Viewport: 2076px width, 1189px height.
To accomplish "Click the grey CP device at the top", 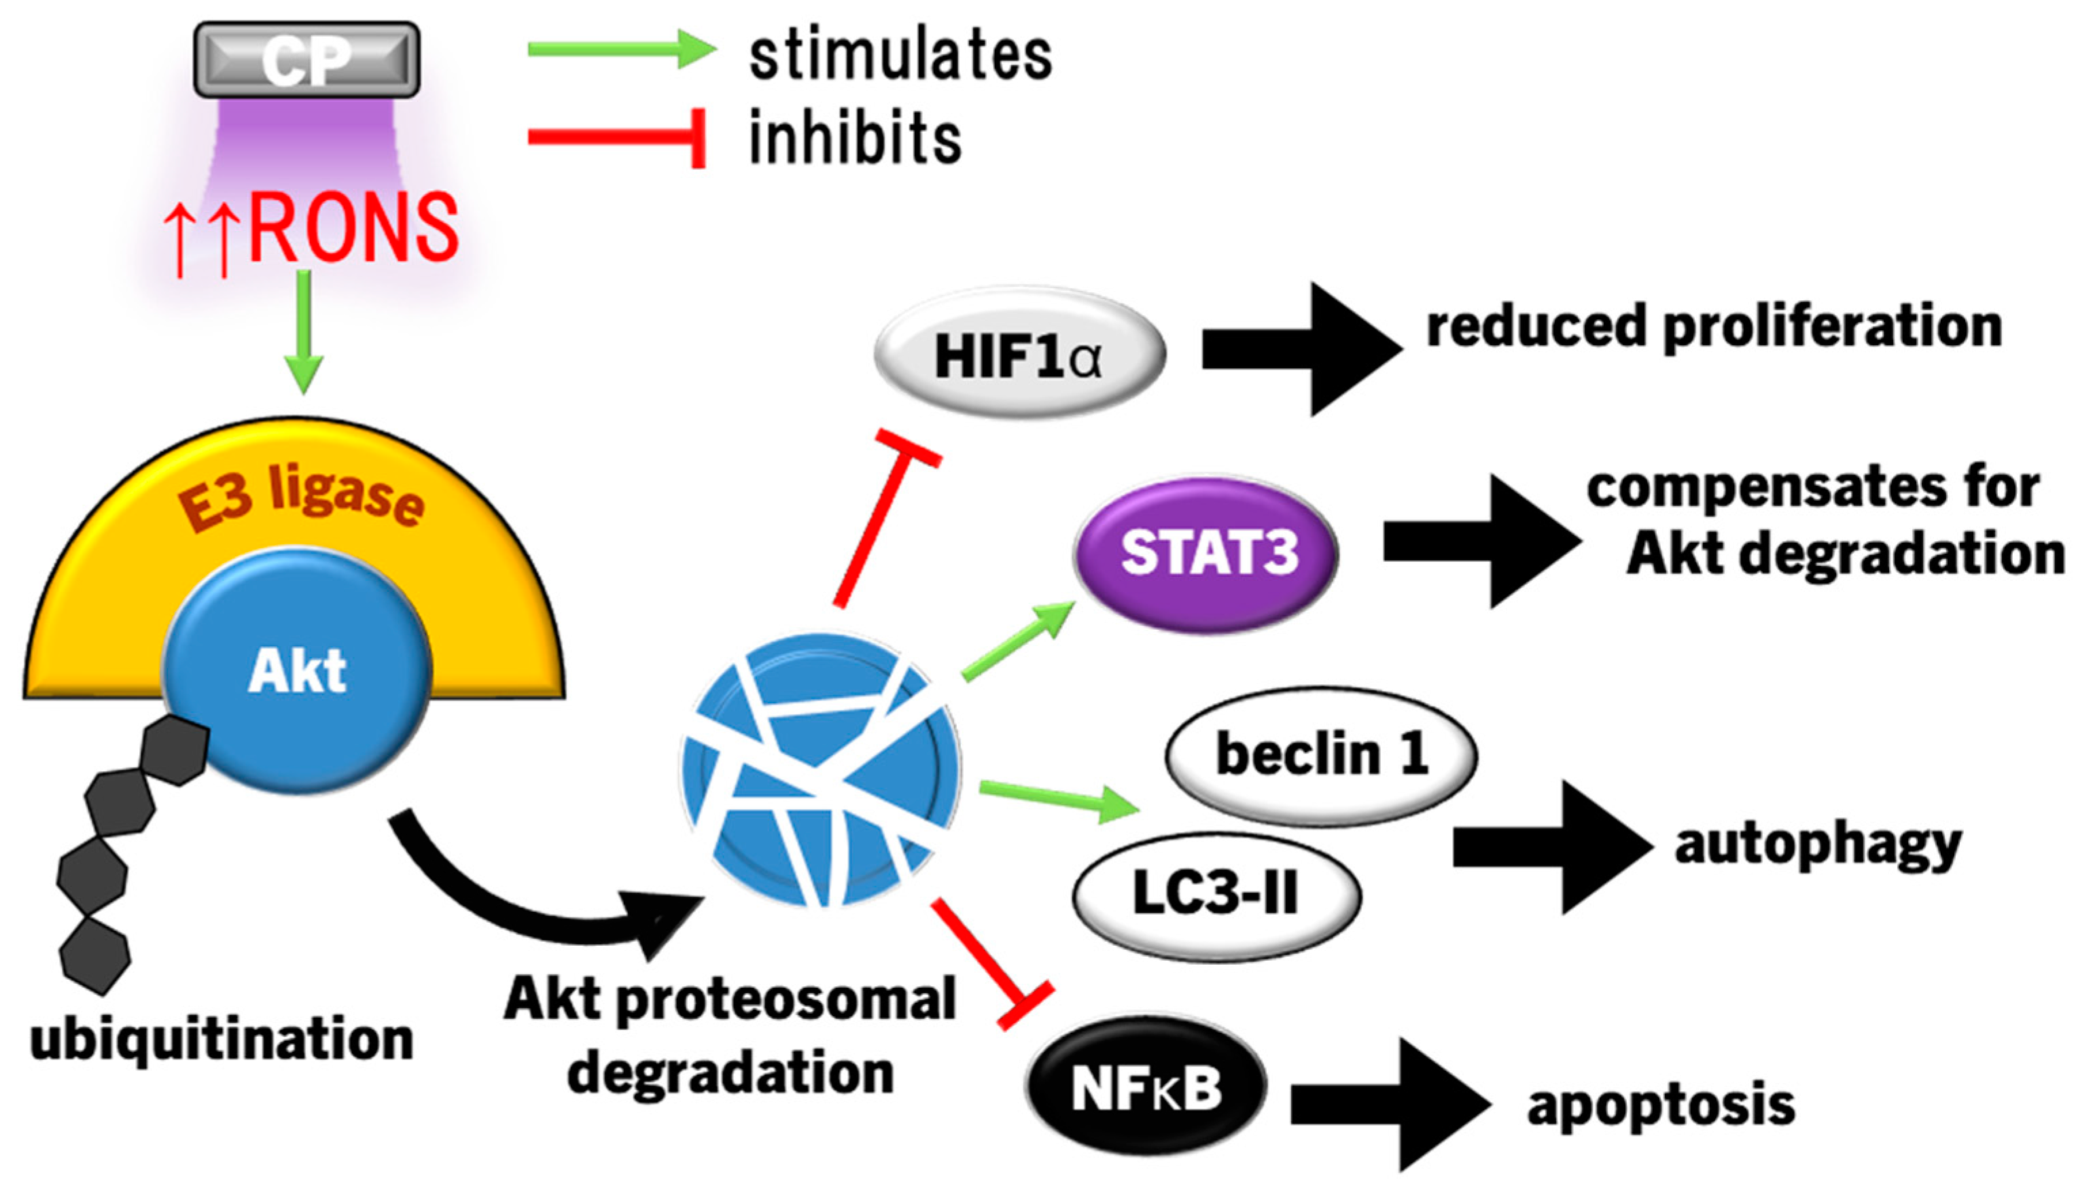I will pyautogui.click(x=306, y=60).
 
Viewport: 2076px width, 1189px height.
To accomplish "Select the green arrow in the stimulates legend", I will pyautogui.click(x=620, y=49).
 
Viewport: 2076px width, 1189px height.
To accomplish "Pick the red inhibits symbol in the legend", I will pyautogui.click(x=616, y=137).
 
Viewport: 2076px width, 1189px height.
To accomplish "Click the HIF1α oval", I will pyautogui.click(x=1019, y=353).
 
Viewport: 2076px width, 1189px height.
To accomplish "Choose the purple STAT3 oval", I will pyautogui.click(x=1206, y=554).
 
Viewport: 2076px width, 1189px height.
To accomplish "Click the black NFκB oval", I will pyautogui.click(x=1146, y=1087).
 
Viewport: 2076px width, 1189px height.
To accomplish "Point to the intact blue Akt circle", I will pyautogui.click(x=296, y=671).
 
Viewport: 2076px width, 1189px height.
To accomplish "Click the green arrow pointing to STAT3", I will pyautogui.click(x=1019, y=641).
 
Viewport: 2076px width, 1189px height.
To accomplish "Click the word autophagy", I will pyautogui.click(x=1818, y=845).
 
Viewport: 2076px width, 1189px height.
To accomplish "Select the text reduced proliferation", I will pyautogui.click(x=1713, y=327).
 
